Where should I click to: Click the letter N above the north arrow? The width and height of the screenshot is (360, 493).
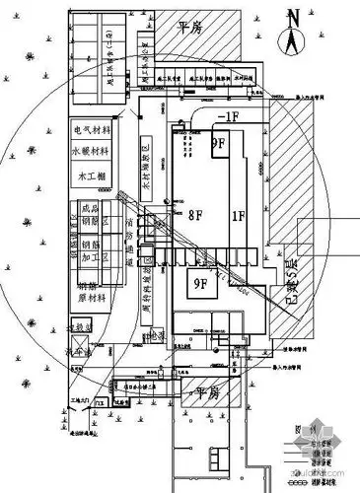tap(292, 15)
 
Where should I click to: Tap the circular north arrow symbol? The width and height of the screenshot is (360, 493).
tap(292, 41)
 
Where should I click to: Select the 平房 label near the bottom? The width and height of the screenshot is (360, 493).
tap(205, 392)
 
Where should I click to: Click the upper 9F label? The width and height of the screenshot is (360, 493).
tap(220, 143)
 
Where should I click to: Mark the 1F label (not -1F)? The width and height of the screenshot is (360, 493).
tap(237, 214)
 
